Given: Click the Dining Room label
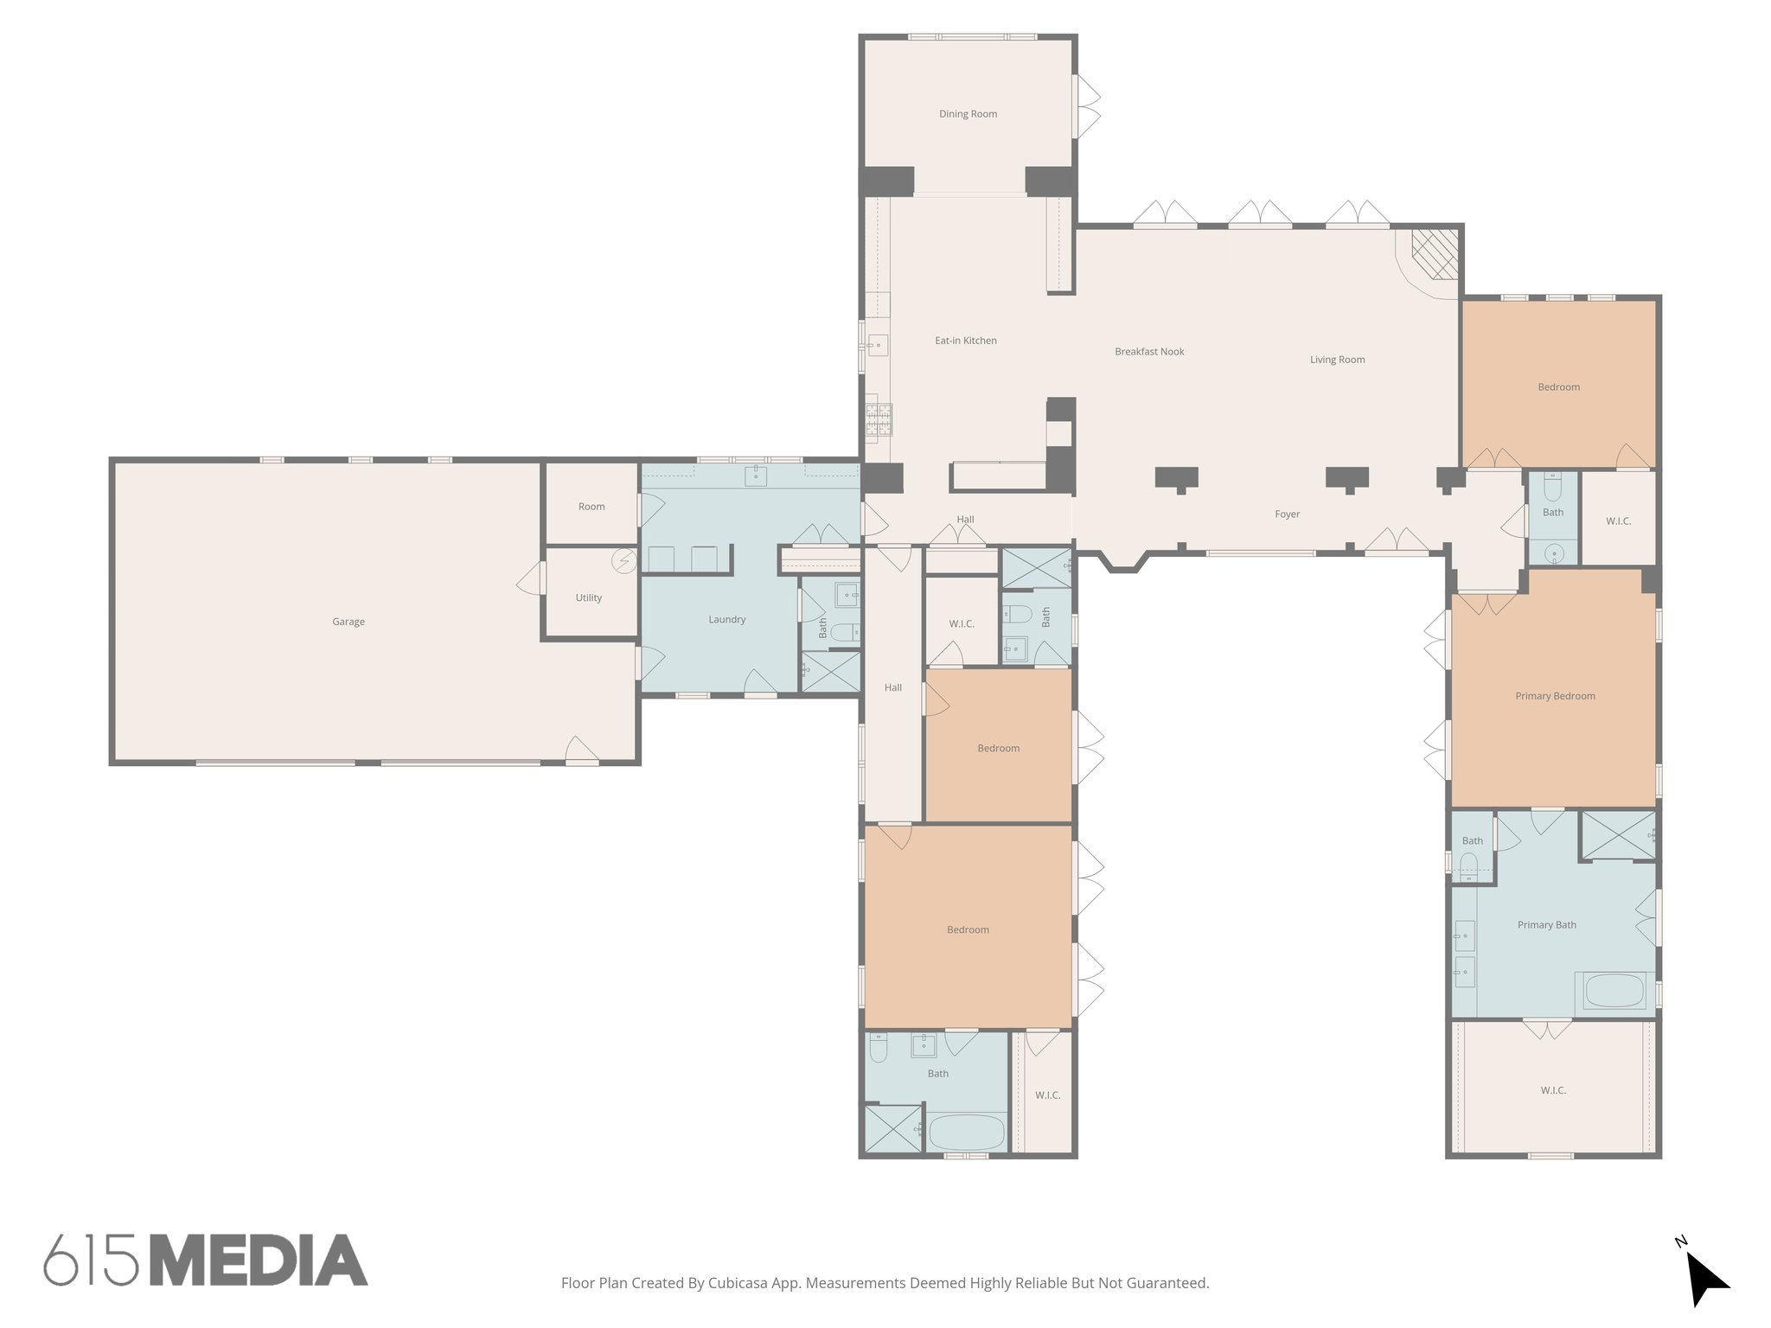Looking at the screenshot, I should point(968,114).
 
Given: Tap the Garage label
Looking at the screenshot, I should point(348,622).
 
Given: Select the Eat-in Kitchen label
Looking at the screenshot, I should point(965,341).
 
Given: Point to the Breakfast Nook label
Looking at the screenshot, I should point(1149,352).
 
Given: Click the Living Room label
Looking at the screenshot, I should point(1337,360).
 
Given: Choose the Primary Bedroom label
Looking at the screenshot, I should point(1555,696).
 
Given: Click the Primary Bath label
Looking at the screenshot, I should point(1546,925).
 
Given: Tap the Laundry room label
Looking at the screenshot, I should point(726,619).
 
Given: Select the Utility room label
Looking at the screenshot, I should point(588,597).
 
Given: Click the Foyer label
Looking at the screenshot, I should point(1287,514).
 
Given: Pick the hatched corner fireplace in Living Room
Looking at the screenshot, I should point(1435,254).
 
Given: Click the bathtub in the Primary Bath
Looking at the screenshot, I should point(1614,991).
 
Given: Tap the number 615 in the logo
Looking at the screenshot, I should point(91,1261).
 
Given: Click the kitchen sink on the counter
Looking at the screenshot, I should point(876,346).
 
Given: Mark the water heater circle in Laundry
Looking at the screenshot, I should point(623,561).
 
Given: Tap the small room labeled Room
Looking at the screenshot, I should point(591,507).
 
